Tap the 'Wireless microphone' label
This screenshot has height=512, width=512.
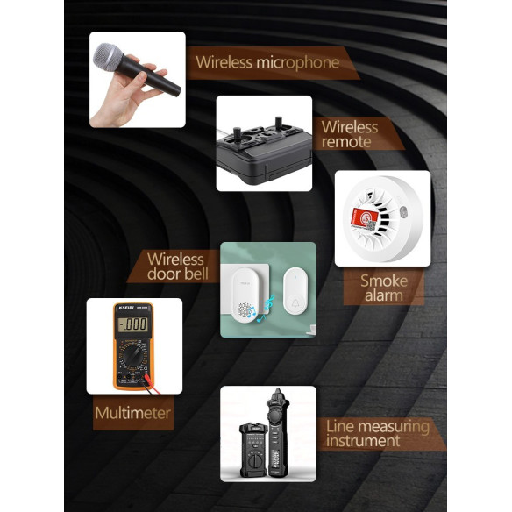coord(267,62)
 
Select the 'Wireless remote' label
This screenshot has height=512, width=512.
coord(350,134)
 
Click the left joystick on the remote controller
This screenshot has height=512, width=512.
coord(237,133)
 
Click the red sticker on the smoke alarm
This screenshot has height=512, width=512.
coord(365,216)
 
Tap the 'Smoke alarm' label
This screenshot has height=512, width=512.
coord(384,288)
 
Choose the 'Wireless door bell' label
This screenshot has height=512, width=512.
coord(178,267)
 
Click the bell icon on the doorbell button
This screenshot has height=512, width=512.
coord(295,302)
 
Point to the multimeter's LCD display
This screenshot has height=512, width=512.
coord(133,324)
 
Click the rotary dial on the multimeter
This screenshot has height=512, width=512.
coord(132,356)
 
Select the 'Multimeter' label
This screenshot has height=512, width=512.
coord(132,413)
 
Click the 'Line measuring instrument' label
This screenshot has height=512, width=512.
coord(378,434)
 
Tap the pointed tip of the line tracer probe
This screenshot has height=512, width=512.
coord(278,390)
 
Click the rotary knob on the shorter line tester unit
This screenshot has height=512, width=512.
coord(253,461)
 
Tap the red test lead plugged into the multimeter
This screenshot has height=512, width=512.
coord(153,384)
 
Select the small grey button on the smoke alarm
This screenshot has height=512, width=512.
coord(403,212)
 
